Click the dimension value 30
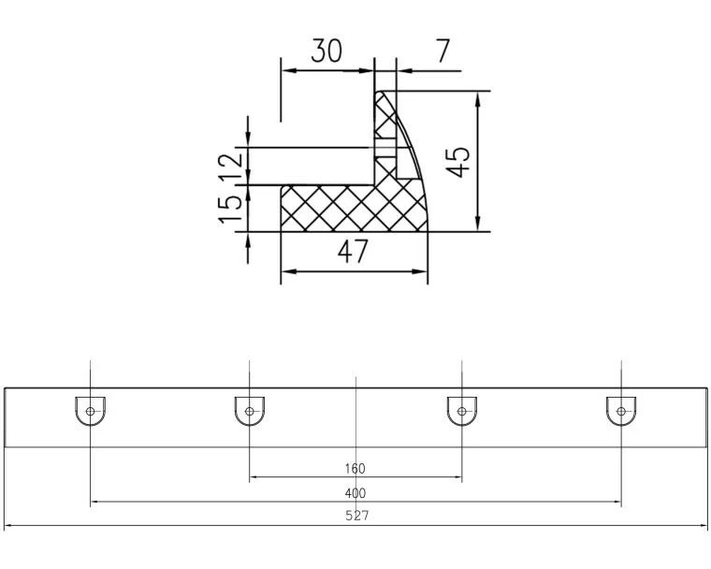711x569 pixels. click(326, 51)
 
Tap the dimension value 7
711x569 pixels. click(443, 51)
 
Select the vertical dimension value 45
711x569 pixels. click(458, 162)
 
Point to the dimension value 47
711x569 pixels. click(353, 251)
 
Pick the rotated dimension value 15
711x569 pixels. click(230, 210)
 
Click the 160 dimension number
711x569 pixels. click(355, 468)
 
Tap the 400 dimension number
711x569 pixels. click(355, 493)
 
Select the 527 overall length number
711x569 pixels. click(357, 516)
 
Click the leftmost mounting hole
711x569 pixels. click(90, 411)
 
